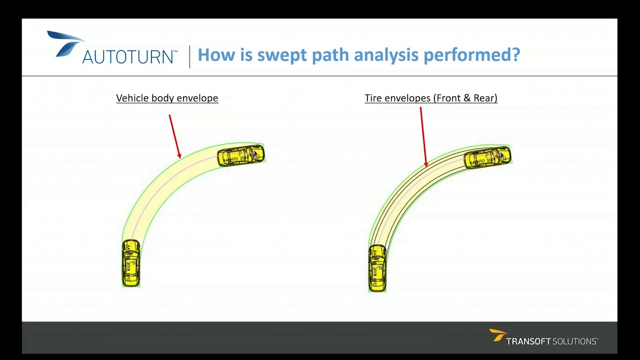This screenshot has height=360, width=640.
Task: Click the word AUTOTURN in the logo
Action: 129,56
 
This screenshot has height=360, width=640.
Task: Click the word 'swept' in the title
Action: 282,54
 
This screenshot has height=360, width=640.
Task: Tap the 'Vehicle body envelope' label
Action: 167,98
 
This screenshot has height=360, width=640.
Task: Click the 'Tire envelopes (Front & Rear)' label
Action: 430,98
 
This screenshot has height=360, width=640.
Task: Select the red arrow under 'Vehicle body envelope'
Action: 175,136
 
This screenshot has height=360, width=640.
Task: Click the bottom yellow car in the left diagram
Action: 131,263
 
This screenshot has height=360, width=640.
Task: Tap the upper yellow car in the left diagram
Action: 240,155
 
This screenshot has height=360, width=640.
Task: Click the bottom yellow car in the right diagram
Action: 377,268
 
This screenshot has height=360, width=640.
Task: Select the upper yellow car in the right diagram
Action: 487,157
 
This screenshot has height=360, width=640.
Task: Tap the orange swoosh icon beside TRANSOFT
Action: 497,334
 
